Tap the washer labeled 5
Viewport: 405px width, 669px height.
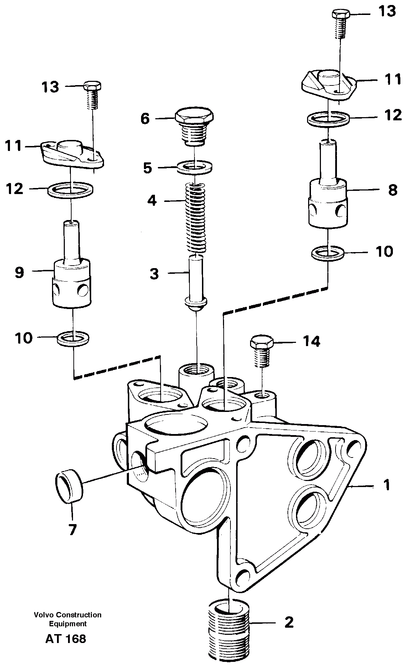tap(195, 167)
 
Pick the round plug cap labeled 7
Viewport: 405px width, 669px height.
tap(69, 486)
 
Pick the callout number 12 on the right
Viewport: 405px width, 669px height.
tap(393, 115)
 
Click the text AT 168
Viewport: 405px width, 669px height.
tap(66, 639)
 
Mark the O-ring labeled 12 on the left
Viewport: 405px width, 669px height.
tap(71, 190)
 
